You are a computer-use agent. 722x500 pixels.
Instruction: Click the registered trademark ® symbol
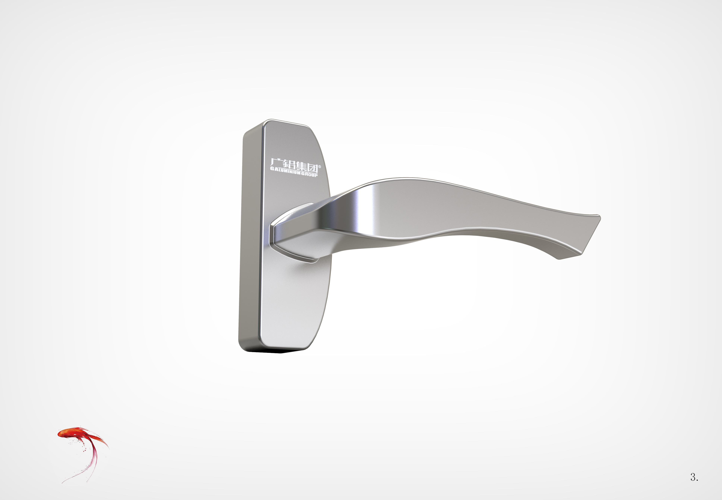[x=320, y=167]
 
